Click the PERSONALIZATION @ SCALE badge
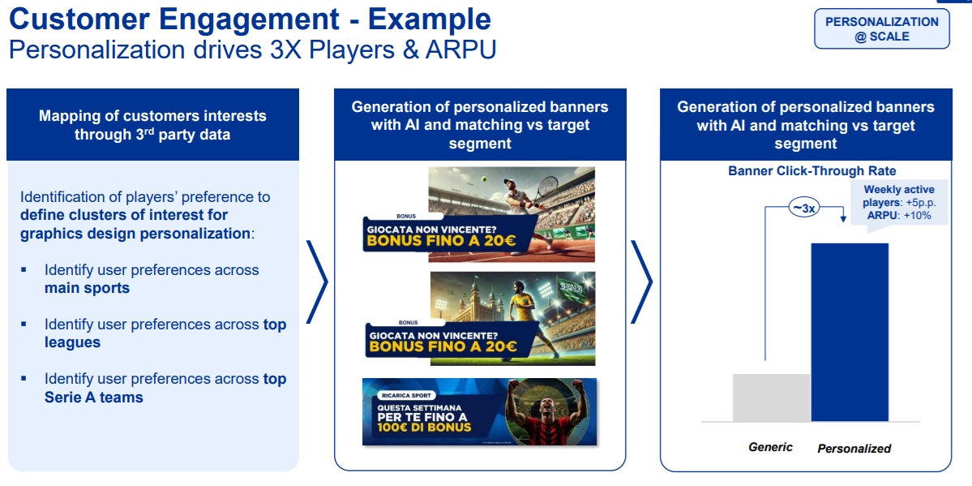point(881,29)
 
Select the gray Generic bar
point(771,398)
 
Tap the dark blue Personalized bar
point(850,332)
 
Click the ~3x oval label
point(803,209)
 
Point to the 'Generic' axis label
point(770,446)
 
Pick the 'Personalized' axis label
point(854,448)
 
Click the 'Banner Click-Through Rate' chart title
point(812,170)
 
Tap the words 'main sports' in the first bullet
point(87,288)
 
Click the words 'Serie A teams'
point(93,397)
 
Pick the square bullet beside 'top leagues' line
point(24,325)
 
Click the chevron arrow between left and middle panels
point(317,282)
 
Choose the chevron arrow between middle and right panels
point(641,282)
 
